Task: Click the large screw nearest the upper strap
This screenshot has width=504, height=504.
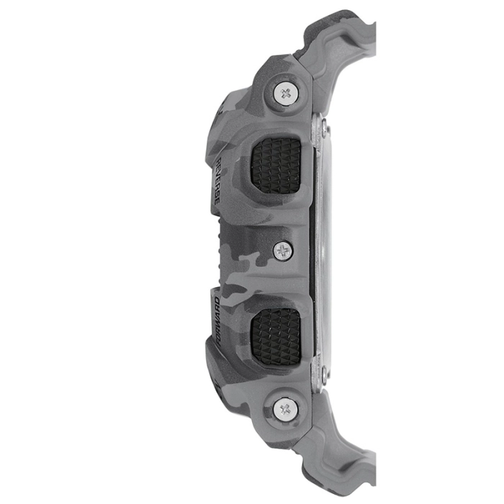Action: click(x=285, y=94)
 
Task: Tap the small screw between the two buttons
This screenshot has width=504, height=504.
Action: click(x=283, y=251)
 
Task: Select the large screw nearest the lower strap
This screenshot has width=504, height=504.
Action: click(x=285, y=409)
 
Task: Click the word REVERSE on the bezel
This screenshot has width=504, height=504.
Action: click(x=216, y=181)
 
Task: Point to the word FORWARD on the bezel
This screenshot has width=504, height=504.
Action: click(x=216, y=320)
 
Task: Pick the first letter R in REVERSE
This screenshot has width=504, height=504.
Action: click(x=216, y=161)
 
